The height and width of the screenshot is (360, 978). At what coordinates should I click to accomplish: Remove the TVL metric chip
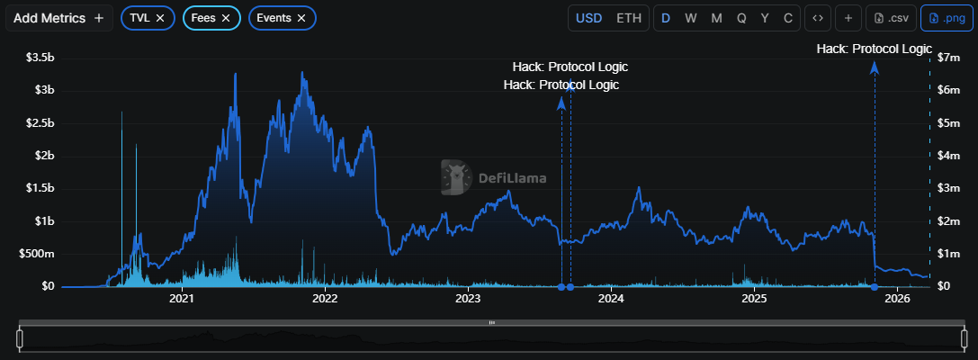pyautogui.click(x=160, y=18)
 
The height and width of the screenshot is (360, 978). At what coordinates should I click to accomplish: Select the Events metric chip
pyautogui.click(x=274, y=18)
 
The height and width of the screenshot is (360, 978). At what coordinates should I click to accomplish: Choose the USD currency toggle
pyautogui.click(x=589, y=18)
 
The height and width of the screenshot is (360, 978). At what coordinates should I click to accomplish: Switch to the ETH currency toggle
pyautogui.click(x=629, y=18)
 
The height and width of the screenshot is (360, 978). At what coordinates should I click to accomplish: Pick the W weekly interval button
pyautogui.click(x=690, y=18)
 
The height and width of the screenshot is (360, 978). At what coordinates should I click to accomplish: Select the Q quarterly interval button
pyautogui.click(x=740, y=18)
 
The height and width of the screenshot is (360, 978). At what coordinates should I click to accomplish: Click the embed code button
pyautogui.click(x=817, y=18)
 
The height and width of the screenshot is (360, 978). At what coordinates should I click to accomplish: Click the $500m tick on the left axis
pyautogui.click(x=36, y=254)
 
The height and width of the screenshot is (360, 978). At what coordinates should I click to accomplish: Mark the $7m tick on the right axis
pyautogui.click(x=950, y=58)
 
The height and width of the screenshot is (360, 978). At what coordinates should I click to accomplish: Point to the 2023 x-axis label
pyautogui.click(x=468, y=298)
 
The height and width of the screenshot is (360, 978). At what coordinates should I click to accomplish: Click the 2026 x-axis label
pyautogui.click(x=897, y=298)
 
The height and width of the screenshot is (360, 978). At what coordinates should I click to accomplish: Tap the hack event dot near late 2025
pyautogui.click(x=875, y=287)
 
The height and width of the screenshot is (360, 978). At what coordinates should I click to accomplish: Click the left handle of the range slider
pyautogui.click(x=19, y=338)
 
